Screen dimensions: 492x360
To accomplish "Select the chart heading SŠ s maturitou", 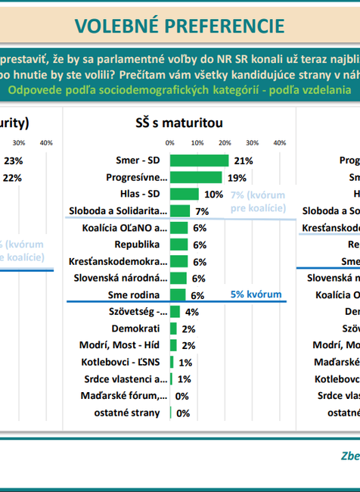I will tap(174, 123).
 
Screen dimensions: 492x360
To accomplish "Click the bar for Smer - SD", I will tap(199, 160).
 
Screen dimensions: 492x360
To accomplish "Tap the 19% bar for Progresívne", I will tap(196, 177).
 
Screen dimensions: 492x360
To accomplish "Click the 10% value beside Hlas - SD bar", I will tap(214, 194).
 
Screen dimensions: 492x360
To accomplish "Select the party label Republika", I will tap(137, 244).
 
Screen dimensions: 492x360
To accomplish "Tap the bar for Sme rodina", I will tap(178, 295).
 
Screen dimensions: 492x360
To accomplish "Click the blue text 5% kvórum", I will tap(255, 294).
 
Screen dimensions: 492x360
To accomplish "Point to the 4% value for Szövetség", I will tap(191, 312).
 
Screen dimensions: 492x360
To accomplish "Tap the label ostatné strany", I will tap(131, 413).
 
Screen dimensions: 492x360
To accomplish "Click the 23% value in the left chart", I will tap(13, 160).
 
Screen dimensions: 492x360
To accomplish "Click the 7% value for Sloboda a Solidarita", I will tap(202, 211).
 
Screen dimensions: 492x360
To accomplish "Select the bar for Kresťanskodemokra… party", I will tap(178, 261).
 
